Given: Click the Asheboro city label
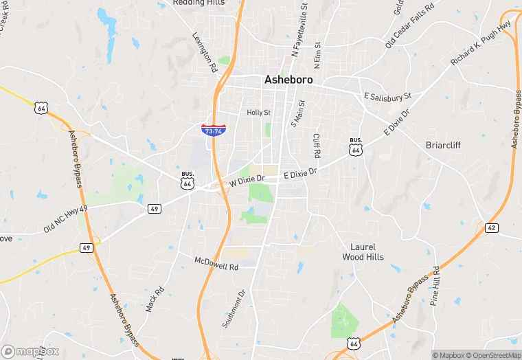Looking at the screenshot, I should coord(288,80).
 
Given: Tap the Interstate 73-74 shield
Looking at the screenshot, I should coord(212,130).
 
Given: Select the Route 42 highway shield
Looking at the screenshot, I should coord(491,227).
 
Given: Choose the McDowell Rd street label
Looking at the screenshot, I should coord(216,262).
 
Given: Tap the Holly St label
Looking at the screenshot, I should coord(259,112).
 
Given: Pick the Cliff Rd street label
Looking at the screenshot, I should coord(317,146).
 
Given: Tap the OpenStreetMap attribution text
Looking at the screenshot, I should coord(493,355).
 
